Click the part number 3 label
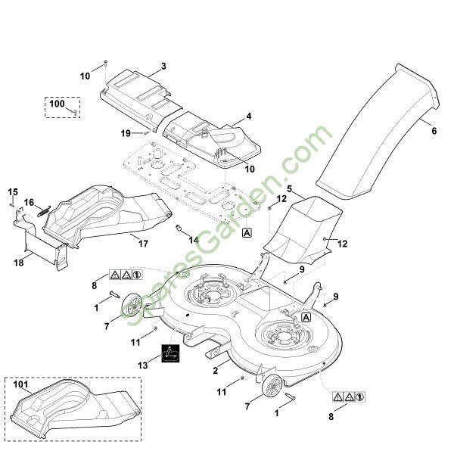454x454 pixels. pos(163,67)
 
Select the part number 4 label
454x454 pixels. pos(247,118)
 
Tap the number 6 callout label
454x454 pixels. pos(434,131)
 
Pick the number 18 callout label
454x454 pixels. pos(18,262)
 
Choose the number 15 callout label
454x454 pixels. pos(13,191)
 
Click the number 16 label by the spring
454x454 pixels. pos(29,202)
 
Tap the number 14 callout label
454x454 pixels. pos(194,240)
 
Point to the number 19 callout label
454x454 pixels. pos(126,133)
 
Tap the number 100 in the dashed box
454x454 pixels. pos(58,102)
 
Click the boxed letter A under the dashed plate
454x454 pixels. pos(247,234)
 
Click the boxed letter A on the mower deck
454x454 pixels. pos(306,318)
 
